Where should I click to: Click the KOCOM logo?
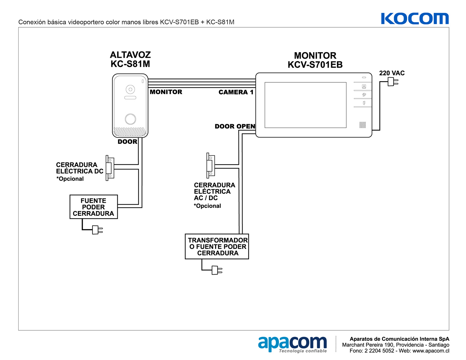click(415, 19)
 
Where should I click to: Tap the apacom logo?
click(292, 344)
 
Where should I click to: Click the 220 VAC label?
click(392, 73)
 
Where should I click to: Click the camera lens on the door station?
click(130, 89)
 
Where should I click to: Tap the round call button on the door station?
click(130, 119)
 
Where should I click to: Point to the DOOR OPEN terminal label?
click(235, 126)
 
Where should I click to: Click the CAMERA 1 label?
click(236, 92)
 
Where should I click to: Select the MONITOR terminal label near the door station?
click(166, 92)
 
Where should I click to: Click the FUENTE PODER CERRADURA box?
click(94, 207)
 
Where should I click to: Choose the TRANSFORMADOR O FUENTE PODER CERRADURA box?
click(217, 246)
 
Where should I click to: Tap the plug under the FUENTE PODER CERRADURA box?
click(97, 230)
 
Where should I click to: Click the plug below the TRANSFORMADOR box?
click(217, 270)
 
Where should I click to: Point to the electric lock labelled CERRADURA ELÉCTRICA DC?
click(109, 168)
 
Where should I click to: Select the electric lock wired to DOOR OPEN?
click(211, 165)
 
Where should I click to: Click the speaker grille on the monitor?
click(362, 125)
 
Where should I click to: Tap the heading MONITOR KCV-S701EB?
click(315, 60)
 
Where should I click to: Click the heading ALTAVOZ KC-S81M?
click(130, 59)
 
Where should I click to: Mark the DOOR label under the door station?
click(127, 142)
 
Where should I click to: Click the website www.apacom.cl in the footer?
click(430, 351)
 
